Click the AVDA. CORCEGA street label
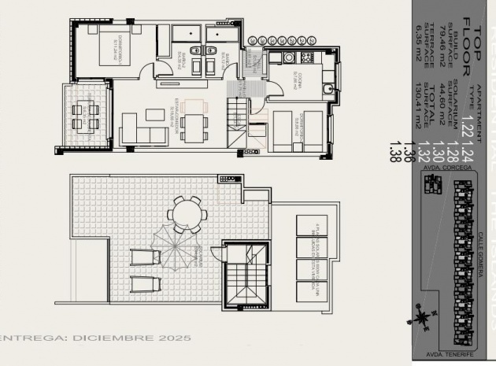[442, 167]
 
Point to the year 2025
[176, 338]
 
